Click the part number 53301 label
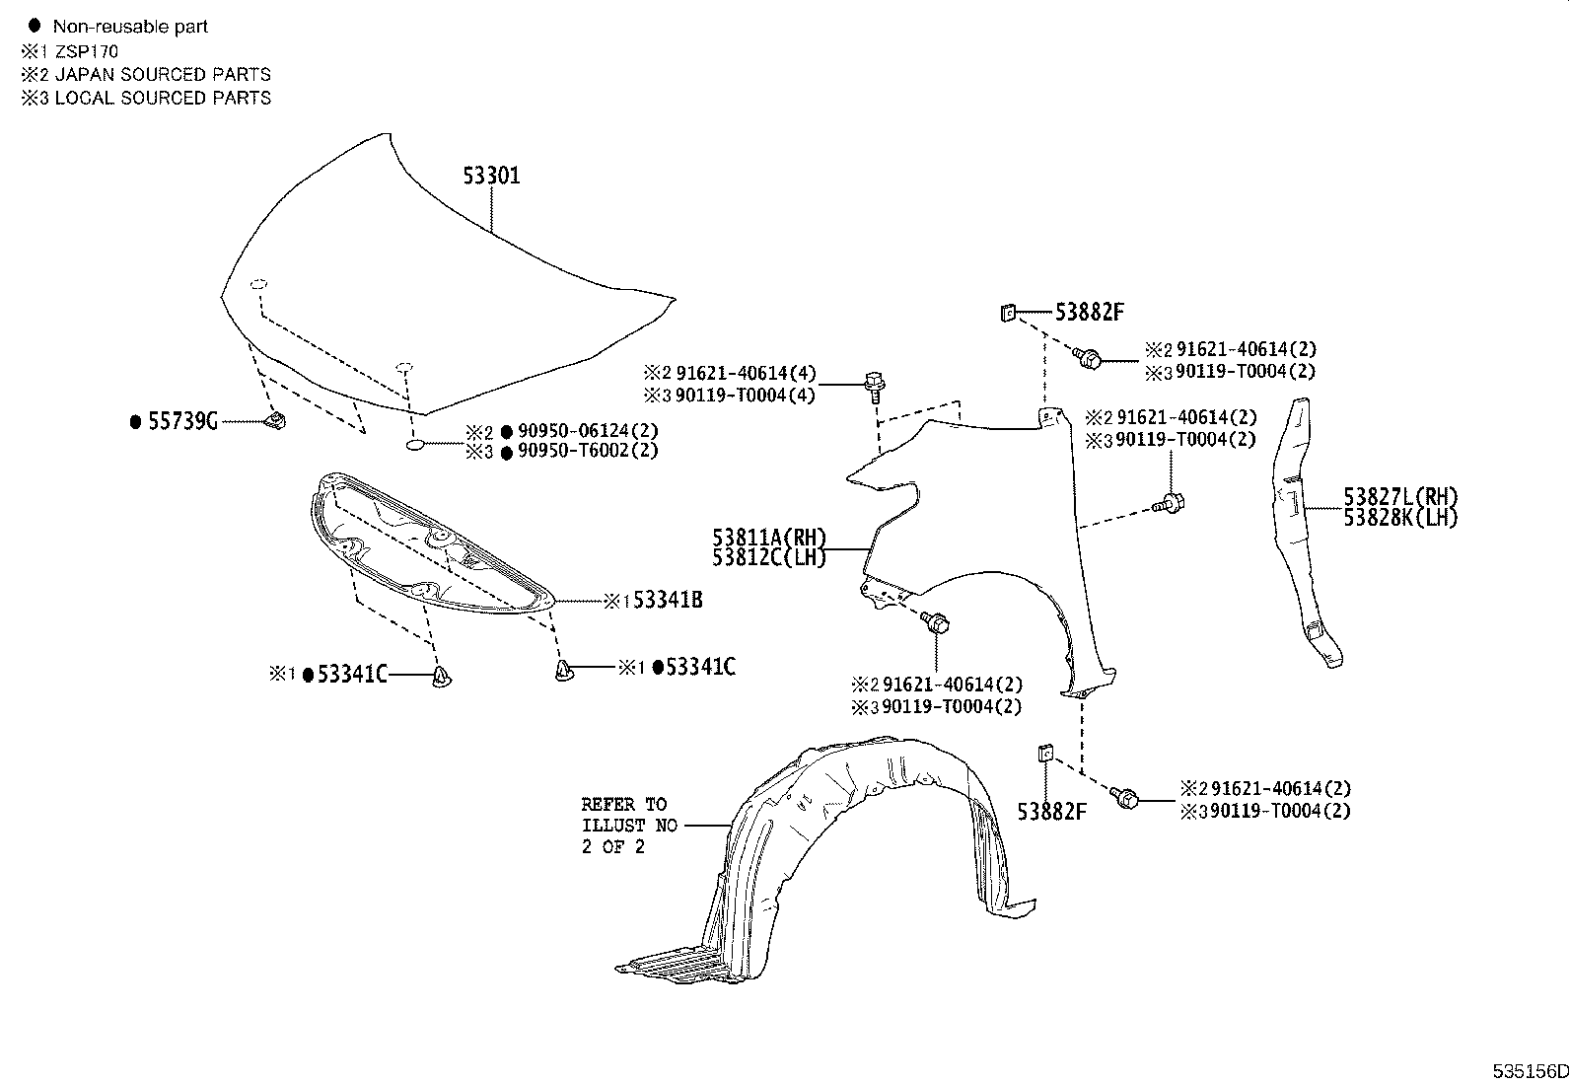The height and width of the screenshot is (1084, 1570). click(491, 177)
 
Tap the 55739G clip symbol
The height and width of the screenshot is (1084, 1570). click(276, 421)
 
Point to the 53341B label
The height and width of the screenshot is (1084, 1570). click(667, 600)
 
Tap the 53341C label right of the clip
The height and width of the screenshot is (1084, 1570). click(700, 668)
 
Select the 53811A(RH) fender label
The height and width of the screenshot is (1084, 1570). click(769, 538)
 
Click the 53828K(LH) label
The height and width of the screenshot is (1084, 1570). click(1400, 518)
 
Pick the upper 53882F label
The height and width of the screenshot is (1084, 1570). click(1090, 313)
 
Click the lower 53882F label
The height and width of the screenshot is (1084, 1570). click(1052, 812)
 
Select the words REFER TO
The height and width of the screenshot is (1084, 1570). click(623, 804)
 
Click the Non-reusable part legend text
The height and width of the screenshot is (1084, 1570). click(130, 27)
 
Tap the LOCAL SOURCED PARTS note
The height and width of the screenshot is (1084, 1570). click(163, 98)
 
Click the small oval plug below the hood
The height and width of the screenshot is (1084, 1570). click(416, 446)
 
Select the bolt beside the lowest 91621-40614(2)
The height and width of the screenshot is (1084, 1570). click(1125, 797)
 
